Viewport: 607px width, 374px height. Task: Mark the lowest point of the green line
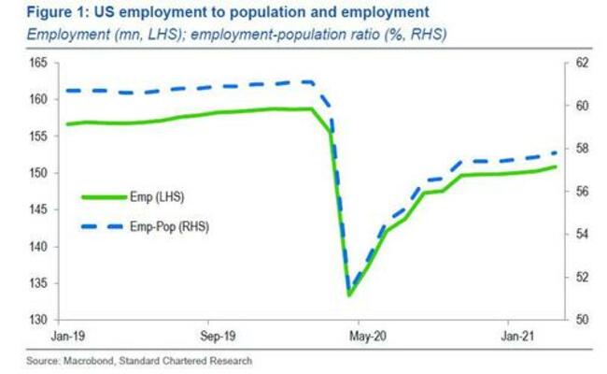[349, 295]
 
